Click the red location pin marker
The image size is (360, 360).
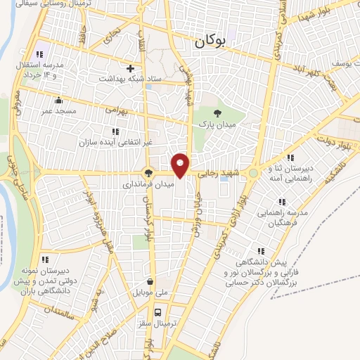[x=181, y=165]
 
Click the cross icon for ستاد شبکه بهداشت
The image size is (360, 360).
[x=130, y=68]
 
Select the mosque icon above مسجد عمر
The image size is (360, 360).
[x=58, y=99]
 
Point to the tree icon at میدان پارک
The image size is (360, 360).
[x=217, y=112]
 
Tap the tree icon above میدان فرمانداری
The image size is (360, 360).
[x=148, y=172]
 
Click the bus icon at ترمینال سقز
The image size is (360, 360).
[x=157, y=311]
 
